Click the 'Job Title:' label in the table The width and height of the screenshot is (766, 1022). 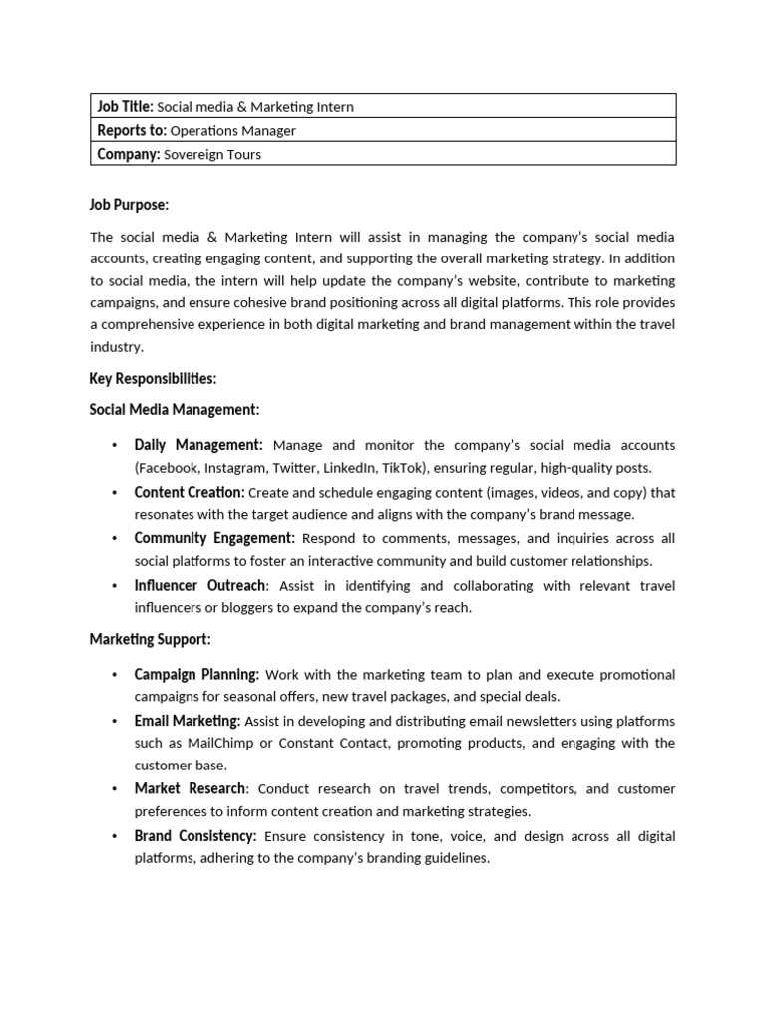[x=124, y=106]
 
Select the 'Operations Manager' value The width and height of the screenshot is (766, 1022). [x=232, y=130]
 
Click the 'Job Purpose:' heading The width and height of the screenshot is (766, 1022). [x=129, y=205]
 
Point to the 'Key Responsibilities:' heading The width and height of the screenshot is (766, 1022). [x=153, y=379]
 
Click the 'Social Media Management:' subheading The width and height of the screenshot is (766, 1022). [x=175, y=409]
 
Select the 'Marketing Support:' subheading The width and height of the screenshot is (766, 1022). [x=150, y=639]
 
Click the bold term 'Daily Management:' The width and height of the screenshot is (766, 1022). [x=198, y=445]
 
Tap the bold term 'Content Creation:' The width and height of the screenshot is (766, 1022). [x=189, y=492]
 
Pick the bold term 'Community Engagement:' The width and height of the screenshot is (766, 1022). [x=214, y=538]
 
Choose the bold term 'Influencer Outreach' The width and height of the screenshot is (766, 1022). [x=199, y=585]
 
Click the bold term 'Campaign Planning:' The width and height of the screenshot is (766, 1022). [x=196, y=675]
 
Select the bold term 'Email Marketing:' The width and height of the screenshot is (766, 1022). [x=187, y=721]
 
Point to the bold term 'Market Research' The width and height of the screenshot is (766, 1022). [x=190, y=788]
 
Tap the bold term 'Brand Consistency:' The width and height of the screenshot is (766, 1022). [x=195, y=836]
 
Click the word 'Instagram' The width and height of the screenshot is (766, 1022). [x=235, y=468]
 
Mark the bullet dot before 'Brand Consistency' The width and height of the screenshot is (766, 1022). [x=114, y=836]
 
